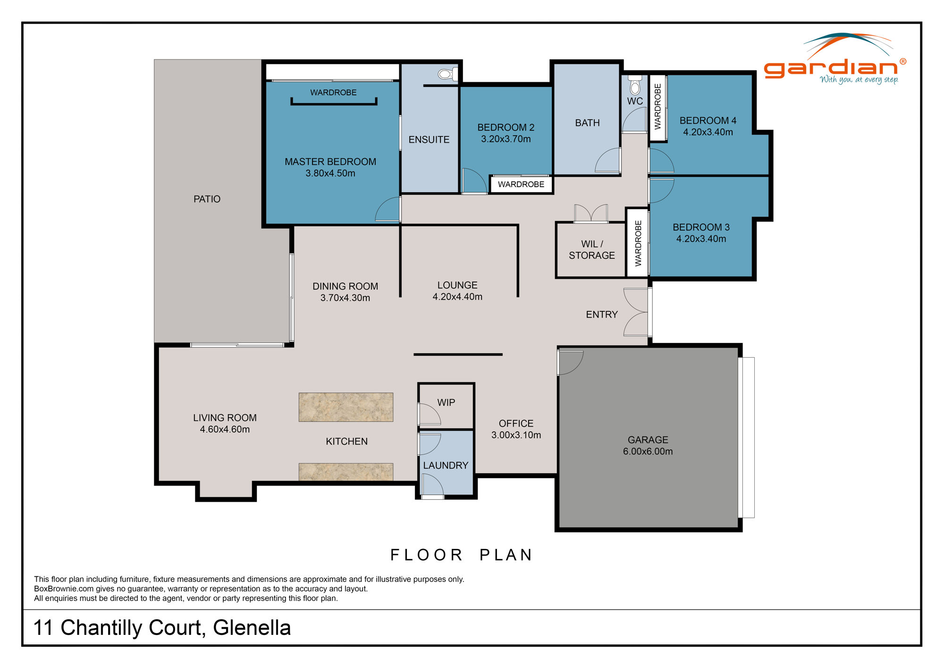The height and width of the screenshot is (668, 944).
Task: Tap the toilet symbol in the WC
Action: click(x=635, y=86)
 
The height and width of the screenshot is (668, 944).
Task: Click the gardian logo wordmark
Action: click(x=831, y=68)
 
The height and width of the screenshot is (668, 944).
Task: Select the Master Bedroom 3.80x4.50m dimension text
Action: click(x=330, y=173)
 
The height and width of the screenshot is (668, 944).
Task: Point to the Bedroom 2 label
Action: click(x=506, y=128)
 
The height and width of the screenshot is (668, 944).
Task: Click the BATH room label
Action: click(x=587, y=123)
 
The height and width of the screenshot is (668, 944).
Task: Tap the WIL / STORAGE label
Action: click(x=591, y=250)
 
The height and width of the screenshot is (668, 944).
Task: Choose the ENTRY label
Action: click(x=601, y=315)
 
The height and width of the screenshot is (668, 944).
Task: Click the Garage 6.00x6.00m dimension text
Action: click(x=648, y=452)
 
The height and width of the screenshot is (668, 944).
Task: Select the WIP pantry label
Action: click(x=446, y=403)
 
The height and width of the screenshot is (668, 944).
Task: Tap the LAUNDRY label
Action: click(x=446, y=465)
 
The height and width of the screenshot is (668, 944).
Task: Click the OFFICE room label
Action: click(x=516, y=424)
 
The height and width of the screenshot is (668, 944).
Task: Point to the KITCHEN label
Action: click(x=346, y=441)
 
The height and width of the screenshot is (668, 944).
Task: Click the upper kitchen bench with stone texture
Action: click(x=346, y=407)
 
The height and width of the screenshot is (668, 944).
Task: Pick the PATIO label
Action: click(x=207, y=199)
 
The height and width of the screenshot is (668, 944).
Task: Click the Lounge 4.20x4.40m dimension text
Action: click(x=457, y=297)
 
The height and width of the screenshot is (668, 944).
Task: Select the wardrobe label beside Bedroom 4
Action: click(x=657, y=107)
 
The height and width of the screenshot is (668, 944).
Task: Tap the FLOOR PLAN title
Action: click(x=461, y=555)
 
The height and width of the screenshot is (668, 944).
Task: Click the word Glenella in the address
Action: click(x=252, y=628)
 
